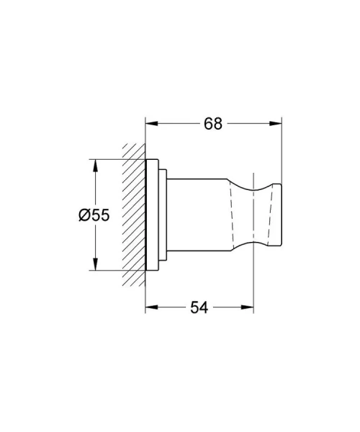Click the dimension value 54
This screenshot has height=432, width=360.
tap(199, 307)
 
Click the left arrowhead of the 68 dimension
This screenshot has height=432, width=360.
tap(150, 123)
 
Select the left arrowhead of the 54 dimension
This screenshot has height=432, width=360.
tap(150, 307)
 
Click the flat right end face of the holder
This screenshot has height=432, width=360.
tap(280, 215)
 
